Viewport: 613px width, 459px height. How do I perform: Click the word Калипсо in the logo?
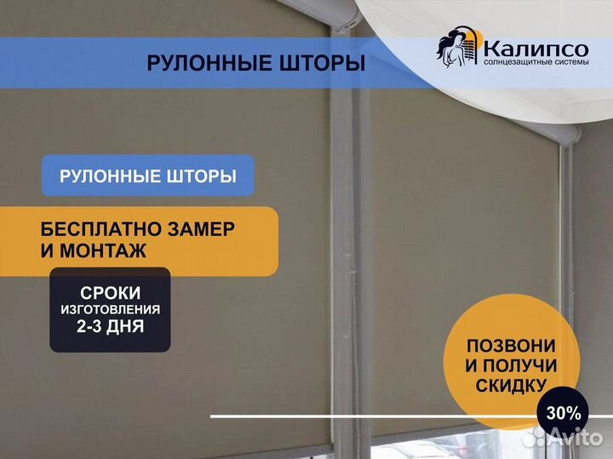(x=536, y=49)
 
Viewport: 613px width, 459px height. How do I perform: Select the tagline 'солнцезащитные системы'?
(x=536, y=62)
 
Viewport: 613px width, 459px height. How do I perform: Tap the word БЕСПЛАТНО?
(x=100, y=229)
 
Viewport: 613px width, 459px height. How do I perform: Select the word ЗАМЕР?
(x=201, y=229)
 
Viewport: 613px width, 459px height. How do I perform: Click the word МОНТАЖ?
(x=103, y=250)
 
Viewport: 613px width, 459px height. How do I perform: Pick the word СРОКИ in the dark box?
(x=110, y=293)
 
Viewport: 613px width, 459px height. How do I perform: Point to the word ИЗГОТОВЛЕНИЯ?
(x=110, y=310)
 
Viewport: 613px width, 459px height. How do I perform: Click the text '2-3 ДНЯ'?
(x=110, y=326)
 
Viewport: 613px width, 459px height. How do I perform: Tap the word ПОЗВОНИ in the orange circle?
(x=511, y=346)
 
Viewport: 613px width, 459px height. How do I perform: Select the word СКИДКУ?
(x=511, y=386)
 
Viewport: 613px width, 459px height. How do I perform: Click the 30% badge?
(x=564, y=413)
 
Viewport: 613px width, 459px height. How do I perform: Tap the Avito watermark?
(x=563, y=437)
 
